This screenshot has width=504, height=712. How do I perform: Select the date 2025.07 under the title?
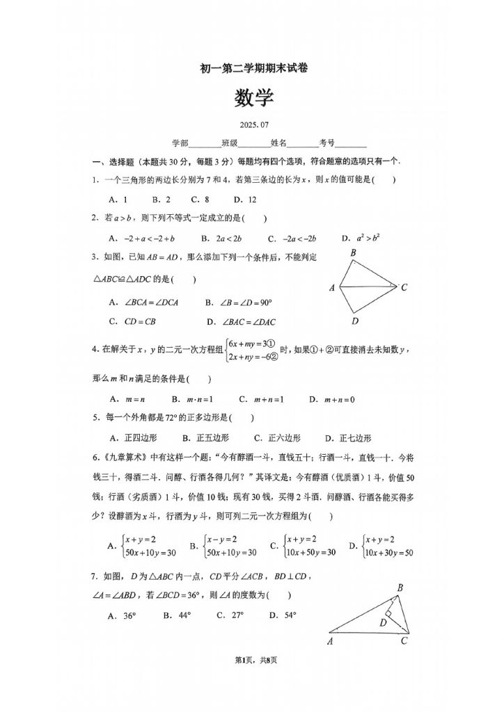pos(253,125)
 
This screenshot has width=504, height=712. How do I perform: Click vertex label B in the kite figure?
pos(353,252)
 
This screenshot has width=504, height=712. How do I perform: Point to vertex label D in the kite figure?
pos(354,321)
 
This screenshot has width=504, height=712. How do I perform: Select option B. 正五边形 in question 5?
pos(205,438)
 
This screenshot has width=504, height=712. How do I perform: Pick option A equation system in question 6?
pos(142,546)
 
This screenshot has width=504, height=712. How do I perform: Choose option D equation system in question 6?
pos(382,546)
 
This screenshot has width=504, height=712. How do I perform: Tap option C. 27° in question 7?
pos(230,615)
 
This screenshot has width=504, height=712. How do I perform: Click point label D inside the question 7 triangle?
pos(383,623)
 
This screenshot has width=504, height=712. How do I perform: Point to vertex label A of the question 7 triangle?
pos(330,642)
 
